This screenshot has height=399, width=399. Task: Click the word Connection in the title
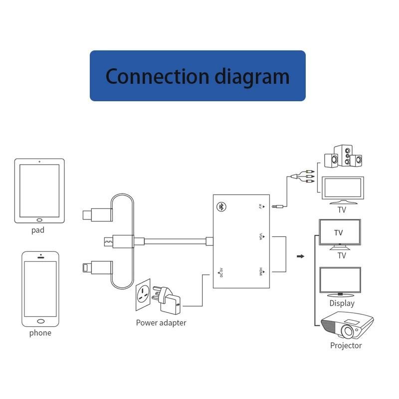tap(157, 76)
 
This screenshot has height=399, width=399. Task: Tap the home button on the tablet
tap(39, 219)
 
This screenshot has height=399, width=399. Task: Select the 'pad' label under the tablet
tap(38, 230)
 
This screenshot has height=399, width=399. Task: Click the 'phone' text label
tap(40, 333)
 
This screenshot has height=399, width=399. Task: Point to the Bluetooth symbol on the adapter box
tap(221, 206)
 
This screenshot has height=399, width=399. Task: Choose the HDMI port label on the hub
tap(261, 272)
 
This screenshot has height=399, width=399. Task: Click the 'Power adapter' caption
tap(161, 323)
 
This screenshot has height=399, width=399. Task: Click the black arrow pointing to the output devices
tap(300, 257)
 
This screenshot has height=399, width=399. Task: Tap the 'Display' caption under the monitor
tap(342, 303)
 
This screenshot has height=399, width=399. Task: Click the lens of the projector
tap(351, 331)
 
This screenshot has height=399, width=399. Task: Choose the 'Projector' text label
tap(346, 345)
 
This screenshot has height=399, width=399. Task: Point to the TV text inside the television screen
tap(339, 232)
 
